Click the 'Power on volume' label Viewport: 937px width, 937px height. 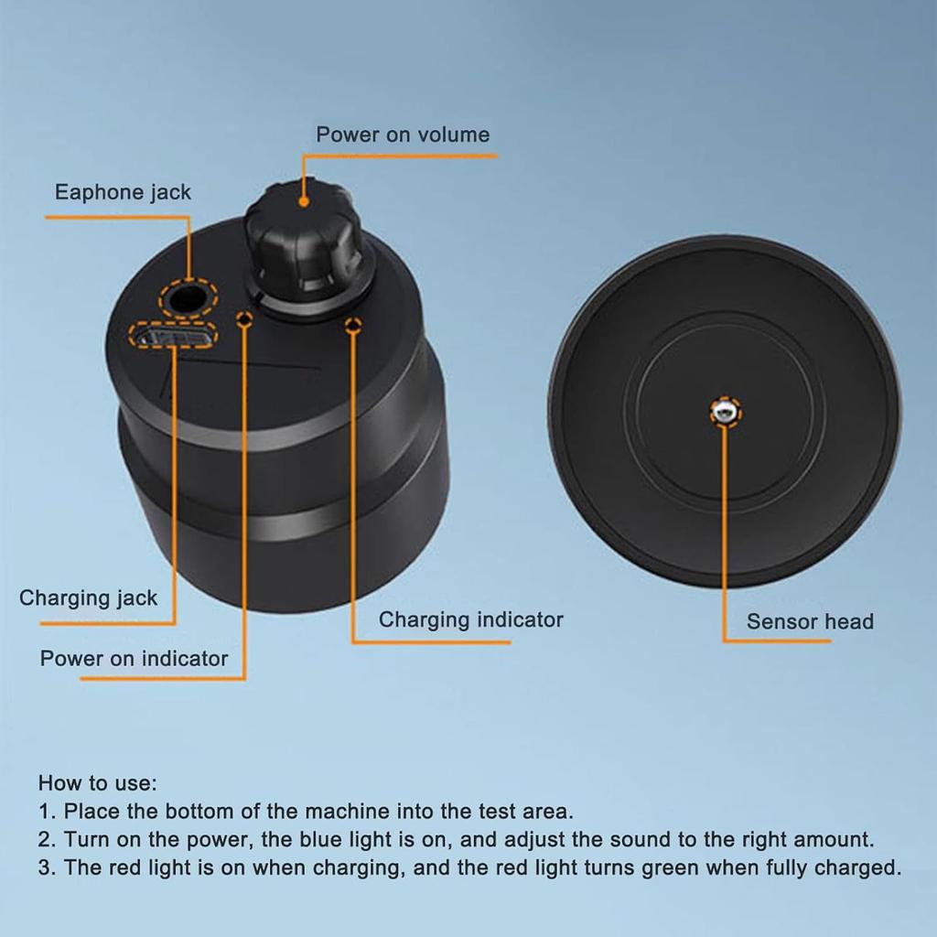(403, 135)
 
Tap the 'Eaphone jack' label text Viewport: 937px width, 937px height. (123, 192)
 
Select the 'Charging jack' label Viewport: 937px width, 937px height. (89, 598)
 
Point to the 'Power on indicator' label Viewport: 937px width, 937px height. (134, 658)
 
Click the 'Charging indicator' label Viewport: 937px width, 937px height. (470, 619)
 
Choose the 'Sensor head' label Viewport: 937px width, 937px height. (810, 621)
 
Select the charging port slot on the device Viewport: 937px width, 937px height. (173, 337)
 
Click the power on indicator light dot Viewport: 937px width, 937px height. (244, 318)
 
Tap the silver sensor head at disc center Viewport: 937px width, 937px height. (725, 411)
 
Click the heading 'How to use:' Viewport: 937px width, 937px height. (98, 783)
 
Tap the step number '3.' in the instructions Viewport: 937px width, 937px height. (47, 868)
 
